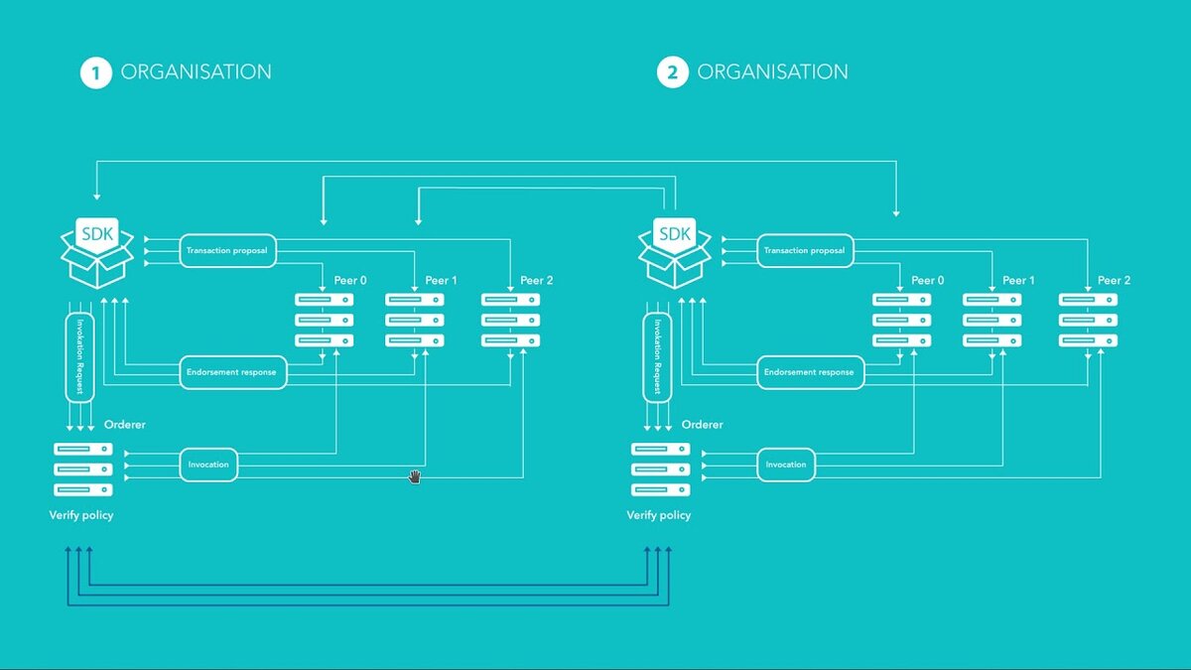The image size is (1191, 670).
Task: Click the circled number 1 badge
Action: click(x=95, y=72)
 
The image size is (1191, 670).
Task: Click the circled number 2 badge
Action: click(x=672, y=72)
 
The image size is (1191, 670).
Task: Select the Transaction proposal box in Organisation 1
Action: click(x=227, y=251)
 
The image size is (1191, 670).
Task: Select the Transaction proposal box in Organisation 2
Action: click(x=804, y=251)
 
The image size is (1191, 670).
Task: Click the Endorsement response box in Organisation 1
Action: click(x=232, y=372)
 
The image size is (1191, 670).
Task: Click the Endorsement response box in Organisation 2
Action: click(x=809, y=372)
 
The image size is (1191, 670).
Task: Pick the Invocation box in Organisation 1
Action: click(x=208, y=465)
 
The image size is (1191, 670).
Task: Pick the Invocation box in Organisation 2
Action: click(x=786, y=465)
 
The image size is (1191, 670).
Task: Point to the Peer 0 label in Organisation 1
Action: click(x=347, y=281)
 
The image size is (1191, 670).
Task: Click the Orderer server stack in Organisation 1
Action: click(x=82, y=469)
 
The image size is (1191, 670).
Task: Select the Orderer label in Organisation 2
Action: click(x=702, y=425)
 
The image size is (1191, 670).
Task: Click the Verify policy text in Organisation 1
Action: click(x=81, y=515)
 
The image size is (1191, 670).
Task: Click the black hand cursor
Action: click(x=415, y=477)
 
